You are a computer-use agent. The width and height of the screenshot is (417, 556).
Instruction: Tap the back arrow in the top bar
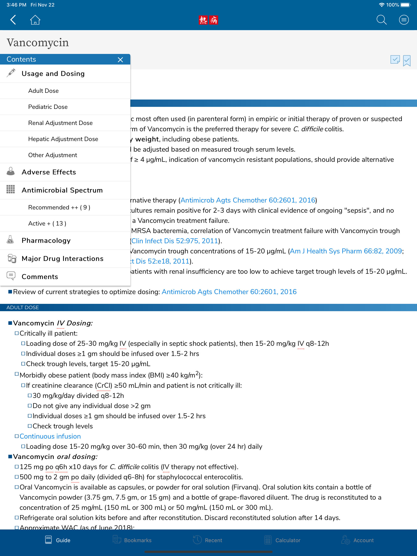click(x=13, y=20)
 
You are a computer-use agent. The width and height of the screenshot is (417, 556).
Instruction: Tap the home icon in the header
click(x=35, y=20)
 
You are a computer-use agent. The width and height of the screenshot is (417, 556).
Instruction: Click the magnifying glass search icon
click(x=381, y=20)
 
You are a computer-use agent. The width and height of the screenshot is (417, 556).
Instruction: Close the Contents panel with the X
click(x=120, y=60)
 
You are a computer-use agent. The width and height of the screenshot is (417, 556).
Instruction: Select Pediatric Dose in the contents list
click(x=48, y=107)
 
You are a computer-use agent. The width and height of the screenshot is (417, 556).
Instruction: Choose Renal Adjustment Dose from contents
click(x=60, y=123)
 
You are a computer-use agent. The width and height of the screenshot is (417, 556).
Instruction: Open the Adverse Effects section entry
click(x=49, y=172)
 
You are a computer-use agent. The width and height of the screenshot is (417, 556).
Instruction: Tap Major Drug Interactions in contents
click(x=62, y=259)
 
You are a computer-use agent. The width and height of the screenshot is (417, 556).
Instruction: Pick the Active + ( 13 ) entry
click(x=47, y=223)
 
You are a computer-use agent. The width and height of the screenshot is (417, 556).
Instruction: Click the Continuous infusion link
click(x=50, y=436)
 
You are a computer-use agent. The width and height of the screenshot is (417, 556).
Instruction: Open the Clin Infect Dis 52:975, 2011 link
click(x=174, y=241)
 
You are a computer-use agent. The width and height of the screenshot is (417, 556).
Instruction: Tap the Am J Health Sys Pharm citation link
click(x=346, y=251)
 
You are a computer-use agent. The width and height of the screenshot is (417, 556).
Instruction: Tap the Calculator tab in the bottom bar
click(x=282, y=540)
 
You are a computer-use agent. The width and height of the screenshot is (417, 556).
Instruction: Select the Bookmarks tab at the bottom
click(x=132, y=540)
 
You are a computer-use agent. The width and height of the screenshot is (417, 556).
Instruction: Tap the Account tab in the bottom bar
click(x=357, y=540)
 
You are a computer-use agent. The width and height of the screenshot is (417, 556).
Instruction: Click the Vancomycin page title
click(x=38, y=43)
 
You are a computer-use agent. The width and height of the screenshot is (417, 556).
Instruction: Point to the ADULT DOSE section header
click(x=23, y=308)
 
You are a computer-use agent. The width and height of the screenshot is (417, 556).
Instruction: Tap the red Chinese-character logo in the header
click(x=208, y=20)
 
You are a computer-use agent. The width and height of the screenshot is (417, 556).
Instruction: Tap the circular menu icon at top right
click(x=404, y=20)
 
